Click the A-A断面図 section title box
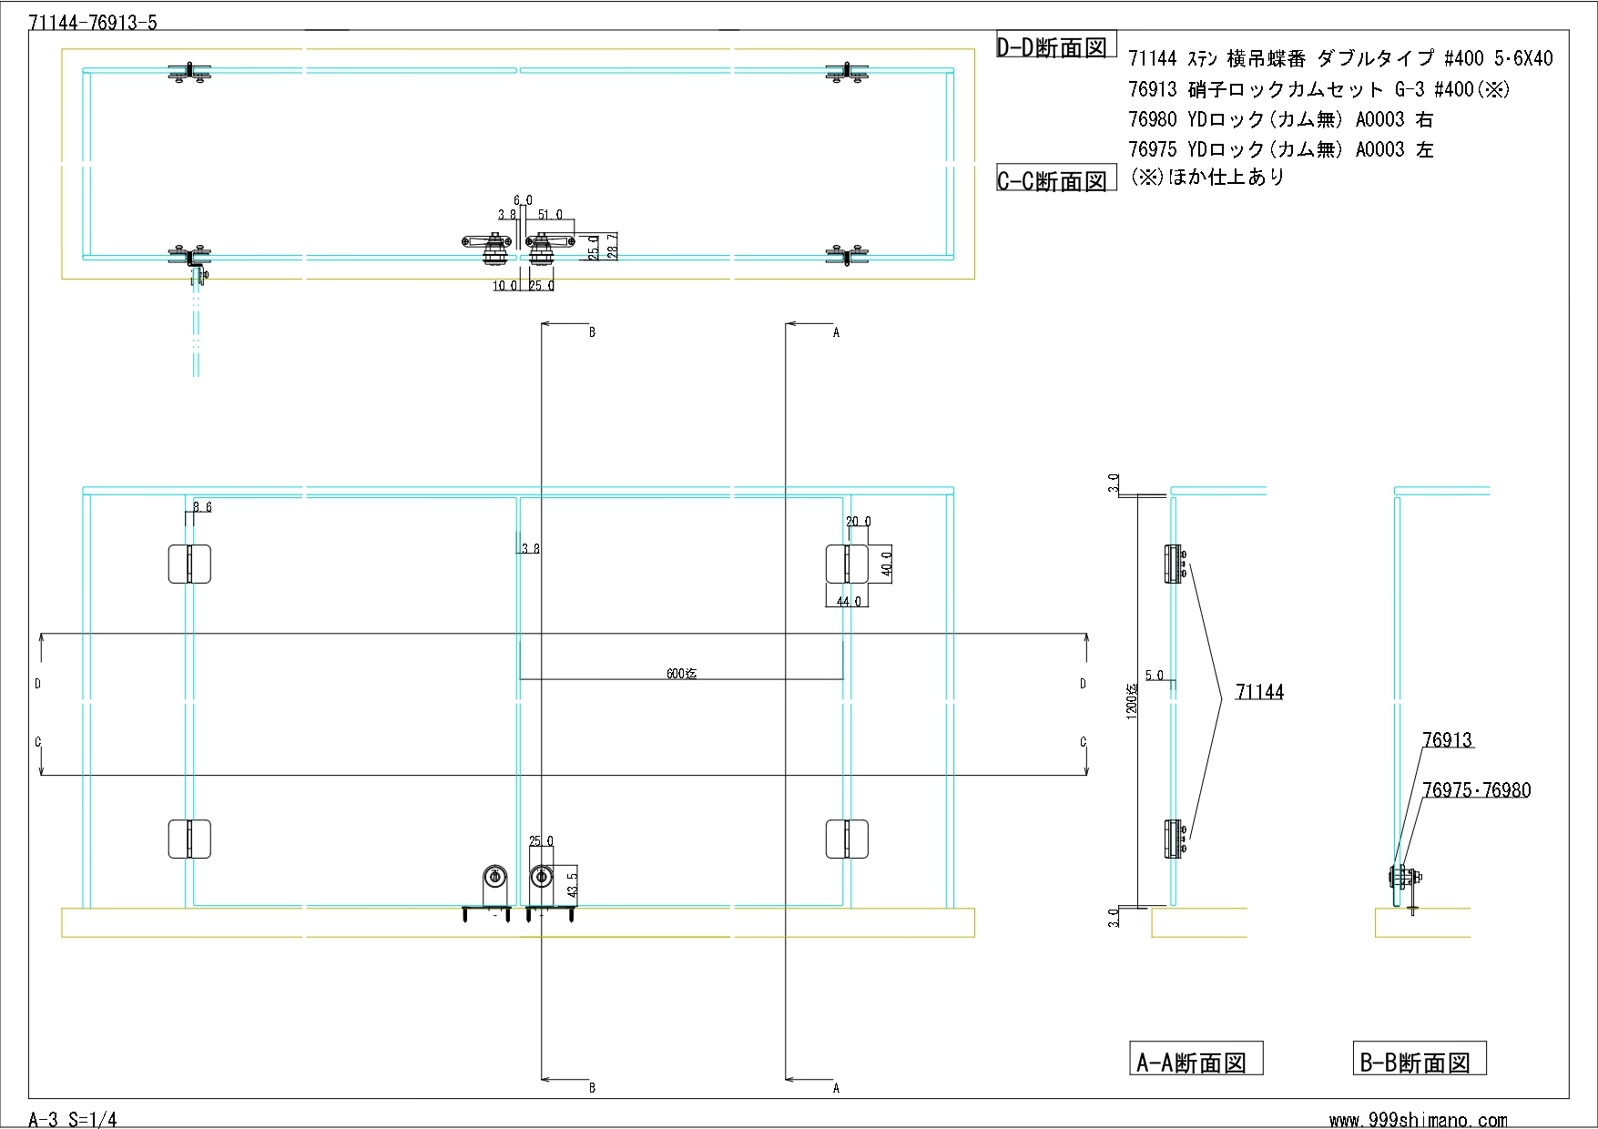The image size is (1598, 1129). pyautogui.click(x=1196, y=1059)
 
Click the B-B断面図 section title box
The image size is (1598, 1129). pyautogui.click(x=1419, y=1059)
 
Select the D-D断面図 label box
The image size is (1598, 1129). pyautogui.click(x=1056, y=46)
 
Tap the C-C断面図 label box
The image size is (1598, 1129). pyautogui.click(x=1056, y=179)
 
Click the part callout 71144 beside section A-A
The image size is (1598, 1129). pyautogui.click(x=1259, y=692)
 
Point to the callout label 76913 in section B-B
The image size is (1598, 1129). pyautogui.click(x=1447, y=739)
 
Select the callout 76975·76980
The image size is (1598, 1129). pyautogui.click(x=1476, y=789)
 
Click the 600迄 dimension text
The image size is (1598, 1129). pyautogui.click(x=681, y=674)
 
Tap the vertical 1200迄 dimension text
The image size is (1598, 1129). pyautogui.click(x=1132, y=701)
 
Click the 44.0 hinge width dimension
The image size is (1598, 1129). pyautogui.click(x=848, y=601)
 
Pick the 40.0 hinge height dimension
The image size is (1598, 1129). pyautogui.click(x=887, y=564)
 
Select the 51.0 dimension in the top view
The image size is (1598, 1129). pyautogui.click(x=551, y=215)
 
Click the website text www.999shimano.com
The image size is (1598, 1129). pyautogui.click(x=1418, y=1120)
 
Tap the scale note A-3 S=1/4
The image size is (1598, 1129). pyautogui.click(x=73, y=1119)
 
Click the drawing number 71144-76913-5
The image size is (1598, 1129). pyautogui.click(x=93, y=23)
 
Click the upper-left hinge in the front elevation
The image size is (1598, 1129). pyautogui.click(x=189, y=564)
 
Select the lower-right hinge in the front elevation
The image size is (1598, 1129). pyautogui.click(x=847, y=839)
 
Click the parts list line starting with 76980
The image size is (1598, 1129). pyautogui.click(x=1280, y=119)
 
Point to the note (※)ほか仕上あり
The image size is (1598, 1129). pyautogui.click(x=1206, y=177)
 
